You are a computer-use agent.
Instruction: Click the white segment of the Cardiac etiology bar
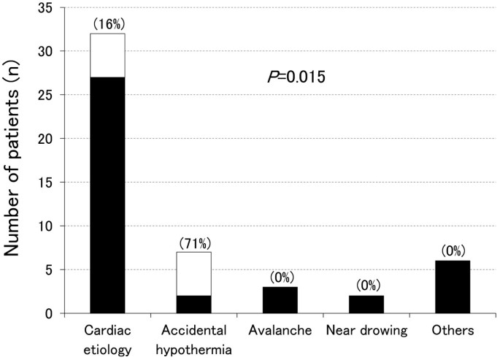tap(107, 55)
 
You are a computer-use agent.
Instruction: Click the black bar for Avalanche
tap(280, 300)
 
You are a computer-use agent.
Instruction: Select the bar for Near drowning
tap(366, 305)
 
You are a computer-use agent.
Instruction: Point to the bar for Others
tap(453, 287)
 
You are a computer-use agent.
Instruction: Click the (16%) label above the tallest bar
tap(107, 25)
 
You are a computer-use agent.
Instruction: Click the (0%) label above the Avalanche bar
tap(280, 278)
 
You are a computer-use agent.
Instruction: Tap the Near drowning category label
tap(366, 331)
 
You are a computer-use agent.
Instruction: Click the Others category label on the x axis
tap(453, 331)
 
